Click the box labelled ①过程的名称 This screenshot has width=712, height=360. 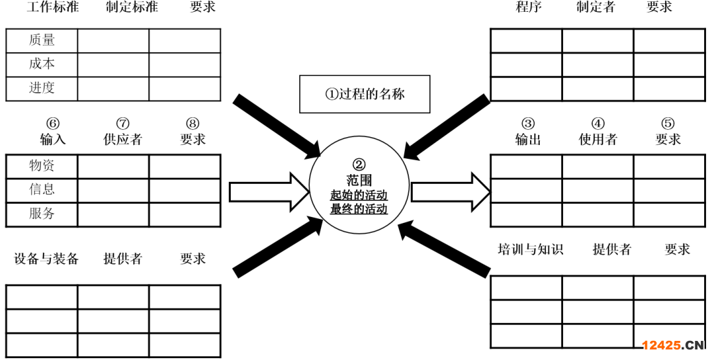[365, 94]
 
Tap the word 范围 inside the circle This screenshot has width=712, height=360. [359, 180]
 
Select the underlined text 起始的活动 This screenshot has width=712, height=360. [359, 195]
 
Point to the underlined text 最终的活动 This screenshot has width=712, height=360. [359, 210]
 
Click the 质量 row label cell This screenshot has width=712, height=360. [42, 40]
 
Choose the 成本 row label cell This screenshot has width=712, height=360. [42, 65]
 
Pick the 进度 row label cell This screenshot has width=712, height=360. [42, 88]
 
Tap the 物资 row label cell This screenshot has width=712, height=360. [42, 165]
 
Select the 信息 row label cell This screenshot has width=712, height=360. [42, 190]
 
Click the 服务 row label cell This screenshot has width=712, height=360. [42, 214]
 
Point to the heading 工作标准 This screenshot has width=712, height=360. [53, 8]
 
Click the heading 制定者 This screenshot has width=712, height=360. [595, 8]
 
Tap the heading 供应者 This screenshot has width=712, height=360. [123, 139]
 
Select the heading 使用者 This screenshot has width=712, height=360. [598, 139]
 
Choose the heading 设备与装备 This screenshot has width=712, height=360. [46, 258]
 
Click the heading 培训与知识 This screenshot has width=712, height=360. [531, 249]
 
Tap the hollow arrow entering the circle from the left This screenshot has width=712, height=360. [268, 191]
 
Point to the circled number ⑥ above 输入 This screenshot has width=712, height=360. [53, 124]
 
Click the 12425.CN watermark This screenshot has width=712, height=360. [673, 345]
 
